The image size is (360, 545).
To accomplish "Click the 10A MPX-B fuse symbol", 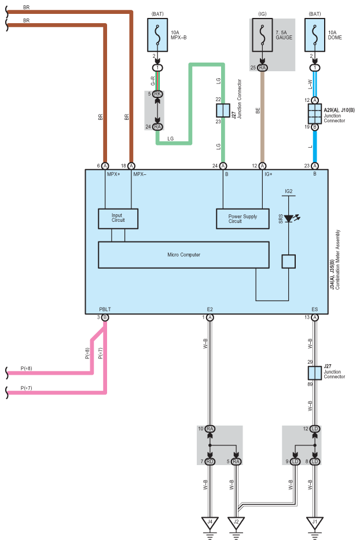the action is (x=157, y=35).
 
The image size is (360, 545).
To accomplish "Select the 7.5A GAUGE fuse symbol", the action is (x=262, y=35).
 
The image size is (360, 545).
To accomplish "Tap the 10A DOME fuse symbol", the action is (x=315, y=35).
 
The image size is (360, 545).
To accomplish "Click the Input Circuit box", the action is (x=118, y=218).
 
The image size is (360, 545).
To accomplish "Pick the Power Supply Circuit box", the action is (x=243, y=218).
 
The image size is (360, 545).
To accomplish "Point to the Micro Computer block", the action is (x=184, y=255).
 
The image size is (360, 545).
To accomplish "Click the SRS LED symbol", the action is (x=290, y=218).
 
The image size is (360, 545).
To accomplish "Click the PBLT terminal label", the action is (x=105, y=309).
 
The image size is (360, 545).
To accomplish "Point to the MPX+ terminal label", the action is (x=113, y=174).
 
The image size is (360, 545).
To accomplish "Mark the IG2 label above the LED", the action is (x=288, y=191).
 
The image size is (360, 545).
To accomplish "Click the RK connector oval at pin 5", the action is (x=157, y=94).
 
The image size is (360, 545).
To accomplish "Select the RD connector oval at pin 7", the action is (x=210, y=462).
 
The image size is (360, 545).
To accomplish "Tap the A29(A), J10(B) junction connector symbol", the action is (x=315, y=114).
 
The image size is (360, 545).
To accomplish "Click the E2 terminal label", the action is (x=210, y=309).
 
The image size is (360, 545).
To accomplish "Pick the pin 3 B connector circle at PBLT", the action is (x=105, y=317).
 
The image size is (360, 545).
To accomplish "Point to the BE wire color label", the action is (x=258, y=111).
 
